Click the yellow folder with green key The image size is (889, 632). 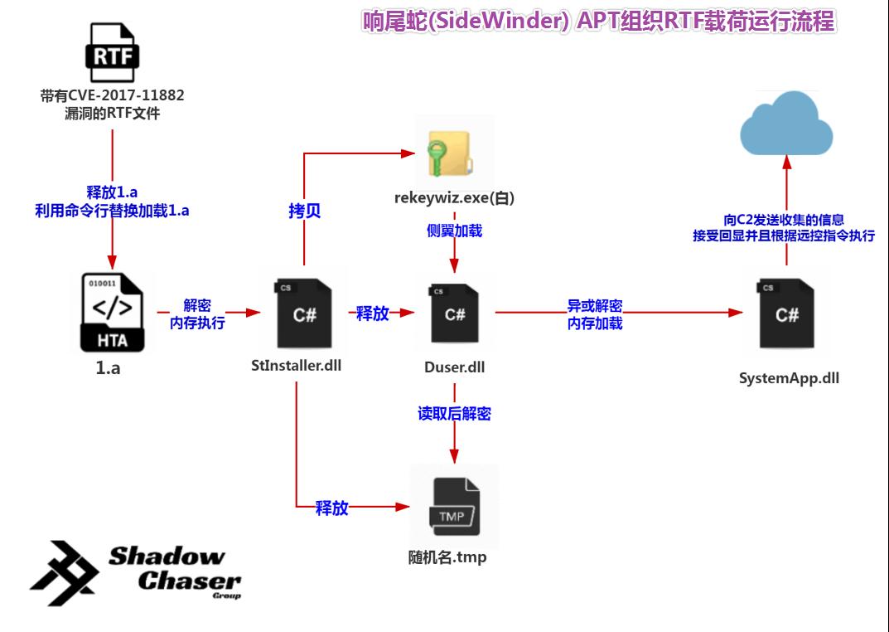tap(447, 153)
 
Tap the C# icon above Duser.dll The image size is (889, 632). tap(454, 314)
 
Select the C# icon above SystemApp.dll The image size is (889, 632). tap(786, 314)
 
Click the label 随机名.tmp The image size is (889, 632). tap(447, 557)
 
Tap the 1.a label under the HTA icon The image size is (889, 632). tap(108, 368)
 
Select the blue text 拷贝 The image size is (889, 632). tap(304, 211)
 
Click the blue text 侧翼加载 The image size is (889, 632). tap(454, 231)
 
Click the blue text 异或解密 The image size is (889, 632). tap(594, 305)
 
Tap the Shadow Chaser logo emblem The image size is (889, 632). tap(65, 572)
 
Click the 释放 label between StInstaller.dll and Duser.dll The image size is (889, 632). tap(372, 314)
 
